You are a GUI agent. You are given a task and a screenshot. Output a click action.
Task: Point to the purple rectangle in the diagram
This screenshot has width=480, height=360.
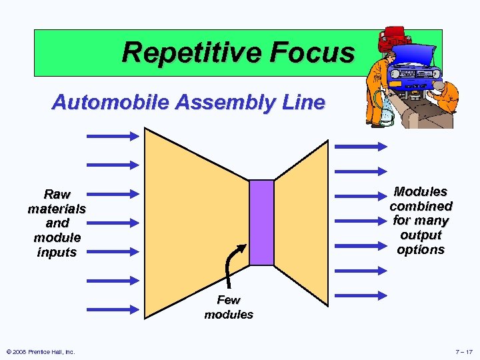coord(261,223)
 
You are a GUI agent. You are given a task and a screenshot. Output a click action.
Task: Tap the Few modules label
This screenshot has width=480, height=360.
coord(229,307)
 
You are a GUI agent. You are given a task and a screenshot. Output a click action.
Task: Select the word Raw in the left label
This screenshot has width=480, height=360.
coord(57,195)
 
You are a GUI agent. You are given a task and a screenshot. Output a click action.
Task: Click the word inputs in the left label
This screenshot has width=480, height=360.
coord(57,252)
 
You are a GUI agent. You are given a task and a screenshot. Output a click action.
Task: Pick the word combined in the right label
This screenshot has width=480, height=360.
coord(421,207)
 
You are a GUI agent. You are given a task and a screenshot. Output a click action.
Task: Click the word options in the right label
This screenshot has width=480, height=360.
coord(421,249)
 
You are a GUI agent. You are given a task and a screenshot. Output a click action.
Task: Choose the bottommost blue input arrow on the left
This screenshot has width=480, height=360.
coord(112,309)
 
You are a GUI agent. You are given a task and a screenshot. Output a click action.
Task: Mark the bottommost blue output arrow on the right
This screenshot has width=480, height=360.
coord(361,295)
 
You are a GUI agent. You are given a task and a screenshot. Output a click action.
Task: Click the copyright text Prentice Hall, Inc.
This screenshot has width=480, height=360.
coord(40,351)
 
